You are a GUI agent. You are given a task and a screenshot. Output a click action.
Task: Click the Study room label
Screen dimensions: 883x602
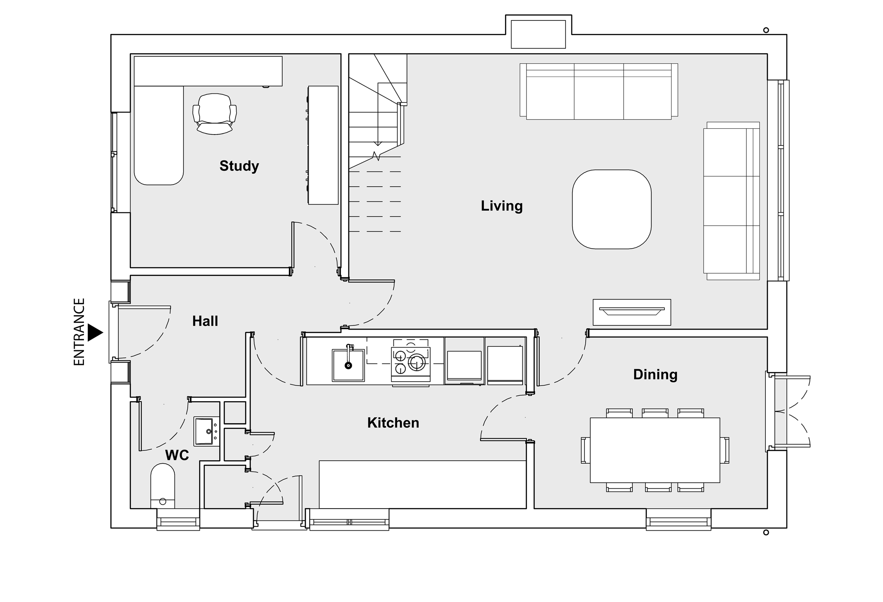pyautogui.click(x=239, y=166)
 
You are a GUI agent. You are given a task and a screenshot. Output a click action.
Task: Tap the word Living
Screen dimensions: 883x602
pyautogui.click(x=502, y=206)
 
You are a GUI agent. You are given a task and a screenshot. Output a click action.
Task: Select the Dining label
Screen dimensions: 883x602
pyautogui.click(x=655, y=374)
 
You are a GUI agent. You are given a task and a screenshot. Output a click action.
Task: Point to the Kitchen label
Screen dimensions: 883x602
pyautogui.click(x=393, y=423)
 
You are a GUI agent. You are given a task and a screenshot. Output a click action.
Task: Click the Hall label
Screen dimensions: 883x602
pyautogui.click(x=205, y=321)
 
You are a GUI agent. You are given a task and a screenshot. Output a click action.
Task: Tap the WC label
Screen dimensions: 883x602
pyautogui.click(x=177, y=455)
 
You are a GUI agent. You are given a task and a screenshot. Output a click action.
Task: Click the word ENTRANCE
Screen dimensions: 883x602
pyautogui.click(x=79, y=332)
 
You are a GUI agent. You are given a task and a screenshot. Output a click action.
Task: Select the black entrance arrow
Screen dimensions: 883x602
pyautogui.click(x=95, y=333)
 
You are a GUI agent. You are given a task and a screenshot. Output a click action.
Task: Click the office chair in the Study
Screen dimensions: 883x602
pyautogui.click(x=215, y=114)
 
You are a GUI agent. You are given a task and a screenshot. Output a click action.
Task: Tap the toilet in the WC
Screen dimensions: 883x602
pyautogui.click(x=162, y=486)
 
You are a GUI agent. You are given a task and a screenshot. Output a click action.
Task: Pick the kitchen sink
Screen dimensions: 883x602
pyautogui.click(x=348, y=365)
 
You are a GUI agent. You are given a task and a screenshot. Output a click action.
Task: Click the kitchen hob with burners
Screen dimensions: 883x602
pyautogui.click(x=411, y=363)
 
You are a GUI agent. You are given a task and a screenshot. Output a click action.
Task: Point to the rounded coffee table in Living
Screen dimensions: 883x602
pyautogui.click(x=612, y=209)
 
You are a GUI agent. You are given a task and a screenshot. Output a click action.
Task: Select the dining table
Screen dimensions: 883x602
pyautogui.click(x=655, y=450)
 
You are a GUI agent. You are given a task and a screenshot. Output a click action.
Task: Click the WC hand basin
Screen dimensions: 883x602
pyautogui.click(x=206, y=431)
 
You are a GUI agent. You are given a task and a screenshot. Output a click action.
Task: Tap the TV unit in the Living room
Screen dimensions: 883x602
pyautogui.click(x=632, y=312)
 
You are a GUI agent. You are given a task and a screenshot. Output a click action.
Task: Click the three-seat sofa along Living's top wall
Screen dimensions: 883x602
pyautogui.click(x=599, y=91)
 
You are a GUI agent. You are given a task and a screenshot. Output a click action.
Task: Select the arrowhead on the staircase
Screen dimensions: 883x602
pyautogui.click(x=378, y=144)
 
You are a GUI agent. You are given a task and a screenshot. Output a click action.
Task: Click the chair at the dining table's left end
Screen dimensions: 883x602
pyautogui.click(x=586, y=450)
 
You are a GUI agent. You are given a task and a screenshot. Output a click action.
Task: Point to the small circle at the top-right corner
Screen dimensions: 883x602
pyautogui.click(x=766, y=30)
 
